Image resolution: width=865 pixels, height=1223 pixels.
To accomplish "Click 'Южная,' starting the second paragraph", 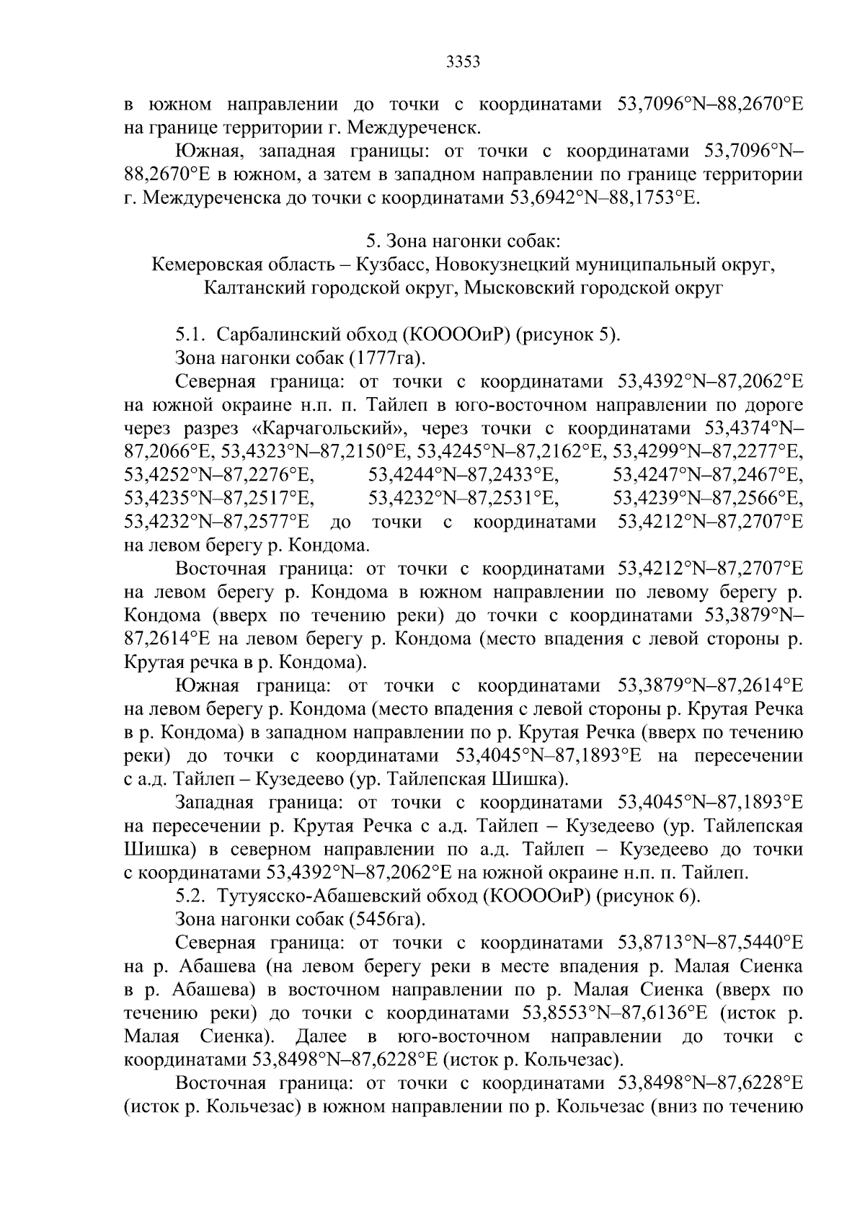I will (x=208, y=152).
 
